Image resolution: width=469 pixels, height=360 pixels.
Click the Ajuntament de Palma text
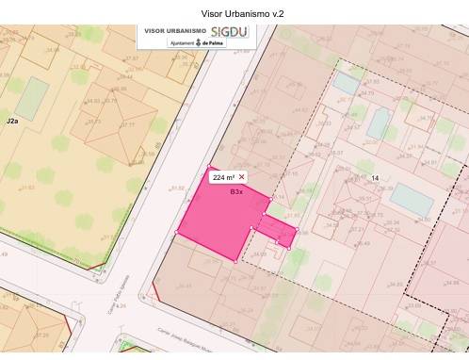(194, 43)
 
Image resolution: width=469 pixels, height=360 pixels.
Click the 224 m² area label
(224, 177)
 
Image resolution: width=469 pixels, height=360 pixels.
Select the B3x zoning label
(236, 191)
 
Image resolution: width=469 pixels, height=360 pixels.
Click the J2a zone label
(12, 123)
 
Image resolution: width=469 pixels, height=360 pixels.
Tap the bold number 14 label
(375, 178)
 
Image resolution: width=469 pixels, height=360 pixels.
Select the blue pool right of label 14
(412, 197)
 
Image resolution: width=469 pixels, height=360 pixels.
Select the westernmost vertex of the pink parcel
(178, 231)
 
